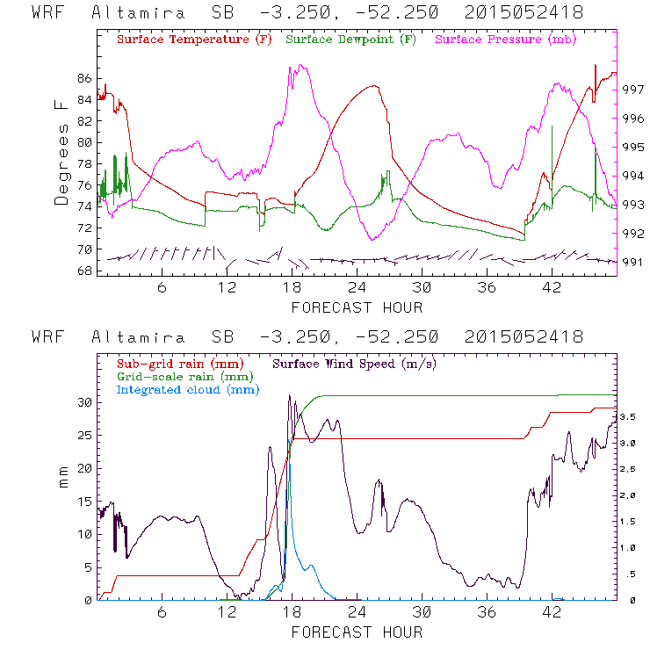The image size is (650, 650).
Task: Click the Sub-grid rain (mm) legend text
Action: point(180,363)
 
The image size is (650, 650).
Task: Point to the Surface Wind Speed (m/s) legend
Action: point(355,363)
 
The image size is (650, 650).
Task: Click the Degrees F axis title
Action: point(61,152)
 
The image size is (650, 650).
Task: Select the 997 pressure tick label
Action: point(634,90)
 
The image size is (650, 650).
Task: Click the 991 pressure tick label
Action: point(634,262)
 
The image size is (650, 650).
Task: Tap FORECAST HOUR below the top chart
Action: point(357,307)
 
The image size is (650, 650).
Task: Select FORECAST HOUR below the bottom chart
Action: point(357,632)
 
